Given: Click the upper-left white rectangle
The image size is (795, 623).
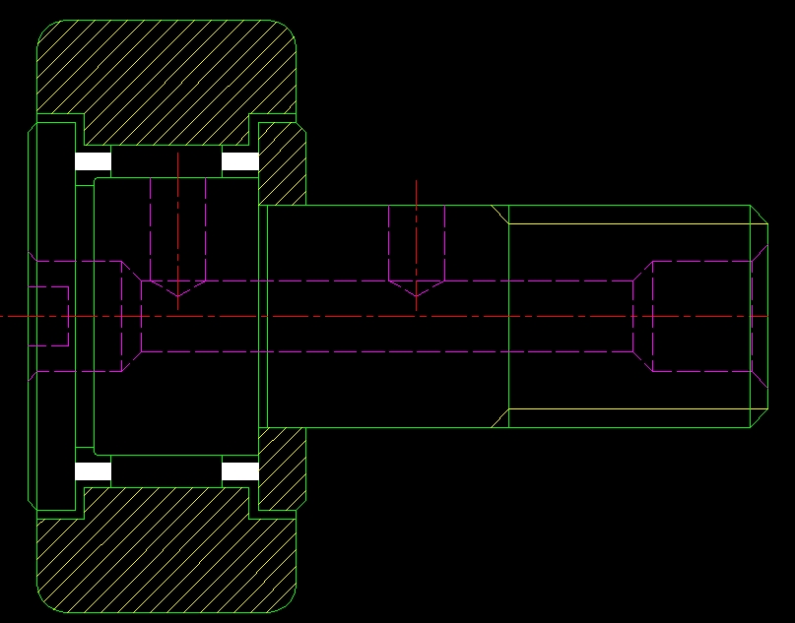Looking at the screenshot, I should [94, 161].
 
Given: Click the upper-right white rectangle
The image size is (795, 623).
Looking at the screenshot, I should [240, 161].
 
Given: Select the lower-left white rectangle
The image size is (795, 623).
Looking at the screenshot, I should [94, 471].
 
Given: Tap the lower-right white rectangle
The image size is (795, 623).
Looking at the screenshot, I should [240, 471].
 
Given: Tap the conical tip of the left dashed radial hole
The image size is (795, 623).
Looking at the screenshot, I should [177, 289].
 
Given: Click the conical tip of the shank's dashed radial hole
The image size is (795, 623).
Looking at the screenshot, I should [417, 289].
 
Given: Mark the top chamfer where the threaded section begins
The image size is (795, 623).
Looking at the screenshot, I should [499, 215].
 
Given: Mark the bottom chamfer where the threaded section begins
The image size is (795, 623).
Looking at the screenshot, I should [499, 419].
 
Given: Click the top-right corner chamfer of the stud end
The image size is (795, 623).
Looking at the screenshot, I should [760, 215].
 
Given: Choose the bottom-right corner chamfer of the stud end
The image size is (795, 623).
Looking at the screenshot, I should [760, 419].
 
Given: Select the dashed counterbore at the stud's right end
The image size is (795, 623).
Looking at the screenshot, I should [699, 316].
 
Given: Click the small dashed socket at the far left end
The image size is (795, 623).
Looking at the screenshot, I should [49, 316].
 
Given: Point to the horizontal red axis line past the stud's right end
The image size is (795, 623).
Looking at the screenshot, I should [780, 316].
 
